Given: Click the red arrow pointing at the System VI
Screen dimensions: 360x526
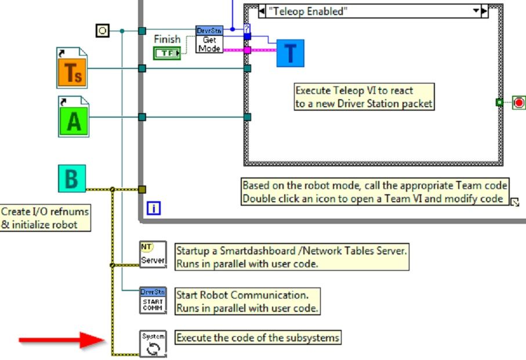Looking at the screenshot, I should click(60, 340).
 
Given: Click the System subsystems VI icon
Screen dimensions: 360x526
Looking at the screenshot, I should click(153, 343).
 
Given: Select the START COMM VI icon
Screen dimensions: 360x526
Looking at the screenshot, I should click(153, 300).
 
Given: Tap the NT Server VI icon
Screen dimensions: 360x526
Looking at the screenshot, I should click(153, 255).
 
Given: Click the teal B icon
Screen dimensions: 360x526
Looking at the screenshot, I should click(72, 179).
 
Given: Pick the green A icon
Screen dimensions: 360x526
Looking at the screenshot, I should click(74, 118).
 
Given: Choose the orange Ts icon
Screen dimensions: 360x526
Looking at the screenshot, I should click(72, 69).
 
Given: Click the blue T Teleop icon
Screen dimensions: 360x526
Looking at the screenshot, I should click(290, 53).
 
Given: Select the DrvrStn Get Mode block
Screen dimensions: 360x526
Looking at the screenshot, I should click(209, 39).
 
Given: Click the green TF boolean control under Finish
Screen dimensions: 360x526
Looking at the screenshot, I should click(167, 53).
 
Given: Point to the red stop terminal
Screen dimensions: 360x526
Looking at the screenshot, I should click(518, 103).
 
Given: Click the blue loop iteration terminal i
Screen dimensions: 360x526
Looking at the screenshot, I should click(154, 208).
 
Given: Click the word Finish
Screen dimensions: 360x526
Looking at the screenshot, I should click(167, 39).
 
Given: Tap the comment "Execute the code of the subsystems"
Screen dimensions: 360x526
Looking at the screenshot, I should click(258, 337).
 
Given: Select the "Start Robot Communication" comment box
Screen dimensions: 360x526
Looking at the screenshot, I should click(247, 301).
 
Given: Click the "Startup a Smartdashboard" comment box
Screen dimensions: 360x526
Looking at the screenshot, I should click(292, 256).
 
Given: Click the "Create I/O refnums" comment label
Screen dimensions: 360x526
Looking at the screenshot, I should click(46, 218).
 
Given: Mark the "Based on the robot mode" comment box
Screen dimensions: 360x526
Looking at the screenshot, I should click(375, 192).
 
